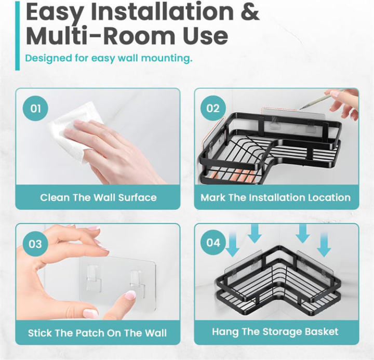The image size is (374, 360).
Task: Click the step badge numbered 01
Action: [x=35, y=109]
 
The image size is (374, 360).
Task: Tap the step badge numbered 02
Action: [x=213, y=109]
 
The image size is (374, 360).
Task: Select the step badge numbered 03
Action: [x=35, y=244]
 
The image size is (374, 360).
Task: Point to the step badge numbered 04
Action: [x=213, y=243]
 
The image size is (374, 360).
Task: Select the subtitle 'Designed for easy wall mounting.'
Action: [x=109, y=58]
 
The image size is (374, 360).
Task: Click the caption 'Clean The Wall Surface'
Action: [x=98, y=197]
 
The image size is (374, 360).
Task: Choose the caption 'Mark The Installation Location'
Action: [x=276, y=197]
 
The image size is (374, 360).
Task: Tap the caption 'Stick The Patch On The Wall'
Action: [x=98, y=332]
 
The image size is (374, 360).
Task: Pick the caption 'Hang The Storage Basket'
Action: [x=275, y=331]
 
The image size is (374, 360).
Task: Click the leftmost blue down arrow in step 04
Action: [x=233, y=245]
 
